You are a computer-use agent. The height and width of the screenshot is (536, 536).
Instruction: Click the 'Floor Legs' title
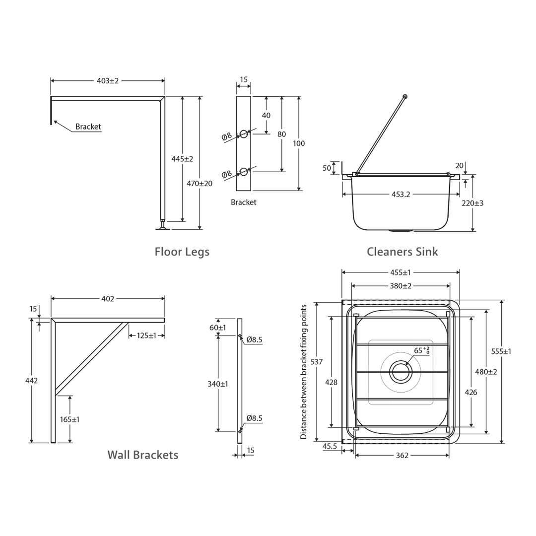click(x=182, y=252)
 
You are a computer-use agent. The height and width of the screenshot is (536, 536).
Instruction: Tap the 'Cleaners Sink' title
click(x=402, y=252)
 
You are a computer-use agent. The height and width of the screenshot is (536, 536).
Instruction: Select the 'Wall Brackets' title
click(x=142, y=455)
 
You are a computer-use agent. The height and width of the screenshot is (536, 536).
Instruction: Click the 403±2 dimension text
click(x=108, y=80)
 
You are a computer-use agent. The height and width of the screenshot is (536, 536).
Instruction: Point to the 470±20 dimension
click(x=200, y=183)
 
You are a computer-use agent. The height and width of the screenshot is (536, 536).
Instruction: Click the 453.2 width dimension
click(x=401, y=195)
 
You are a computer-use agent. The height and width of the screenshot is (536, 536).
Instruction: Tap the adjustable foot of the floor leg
click(x=162, y=227)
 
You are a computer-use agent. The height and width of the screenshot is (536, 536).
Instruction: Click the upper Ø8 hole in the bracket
click(x=243, y=134)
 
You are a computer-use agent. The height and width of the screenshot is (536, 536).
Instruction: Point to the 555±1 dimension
click(x=501, y=351)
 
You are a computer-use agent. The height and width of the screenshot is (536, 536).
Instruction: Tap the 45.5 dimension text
click(x=330, y=446)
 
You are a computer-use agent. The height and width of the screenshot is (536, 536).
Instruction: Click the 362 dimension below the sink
click(x=402, y=455)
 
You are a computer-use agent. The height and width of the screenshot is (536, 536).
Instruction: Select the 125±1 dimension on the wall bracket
click(x=146, y=335)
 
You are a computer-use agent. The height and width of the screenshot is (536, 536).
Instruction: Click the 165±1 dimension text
click(x=69, y=419)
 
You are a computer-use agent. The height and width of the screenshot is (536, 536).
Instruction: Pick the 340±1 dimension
click(x=218, y=384)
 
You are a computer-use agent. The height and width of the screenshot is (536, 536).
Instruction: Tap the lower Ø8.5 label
click(x=254, y=418)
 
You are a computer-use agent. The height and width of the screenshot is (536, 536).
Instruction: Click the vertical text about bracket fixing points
click(x=304, y=372)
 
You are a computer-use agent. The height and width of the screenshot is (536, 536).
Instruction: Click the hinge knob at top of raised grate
click(x=405, y=96)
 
